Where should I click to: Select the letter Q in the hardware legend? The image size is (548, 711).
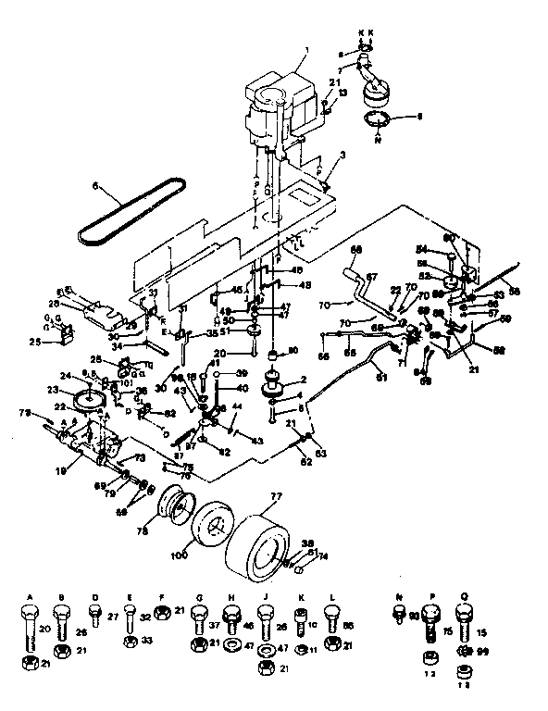click(x=465, y=598)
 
